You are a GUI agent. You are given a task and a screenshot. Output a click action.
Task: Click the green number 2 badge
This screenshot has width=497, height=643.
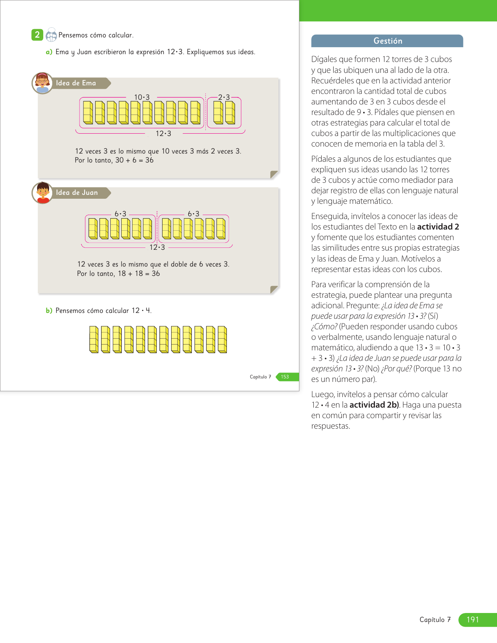coord(37,35)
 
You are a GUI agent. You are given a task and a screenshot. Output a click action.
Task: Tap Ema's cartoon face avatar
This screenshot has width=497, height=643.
coord(42,83)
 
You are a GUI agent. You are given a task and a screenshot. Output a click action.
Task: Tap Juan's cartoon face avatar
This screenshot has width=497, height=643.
coord(42,193)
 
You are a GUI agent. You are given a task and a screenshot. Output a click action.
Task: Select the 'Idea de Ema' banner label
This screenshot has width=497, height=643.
coord(76,83)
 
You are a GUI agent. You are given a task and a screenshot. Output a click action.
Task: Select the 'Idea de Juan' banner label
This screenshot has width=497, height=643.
coord(77,193)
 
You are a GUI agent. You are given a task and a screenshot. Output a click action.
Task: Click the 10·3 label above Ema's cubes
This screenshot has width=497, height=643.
coord(142,97)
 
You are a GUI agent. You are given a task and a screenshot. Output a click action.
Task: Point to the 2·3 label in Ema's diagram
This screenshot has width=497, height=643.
coord(224,97)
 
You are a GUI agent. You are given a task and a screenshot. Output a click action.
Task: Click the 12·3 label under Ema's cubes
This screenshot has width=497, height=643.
coord(163,134)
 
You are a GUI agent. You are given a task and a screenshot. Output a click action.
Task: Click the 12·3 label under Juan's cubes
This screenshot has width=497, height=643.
coord(157,247)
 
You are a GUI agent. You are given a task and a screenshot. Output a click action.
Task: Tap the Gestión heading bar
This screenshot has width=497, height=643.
coord(387,41)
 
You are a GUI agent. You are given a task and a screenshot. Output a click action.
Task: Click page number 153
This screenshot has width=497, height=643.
coord(285,377)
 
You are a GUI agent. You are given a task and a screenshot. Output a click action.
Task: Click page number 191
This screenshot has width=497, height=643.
coord(472,620)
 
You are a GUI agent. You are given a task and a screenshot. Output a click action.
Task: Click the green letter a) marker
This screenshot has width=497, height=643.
coord(49,52)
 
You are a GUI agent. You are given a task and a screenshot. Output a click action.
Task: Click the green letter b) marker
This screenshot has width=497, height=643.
coord(49,311)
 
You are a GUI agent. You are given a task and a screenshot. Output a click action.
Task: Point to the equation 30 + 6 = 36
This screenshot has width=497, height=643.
coord(134,160)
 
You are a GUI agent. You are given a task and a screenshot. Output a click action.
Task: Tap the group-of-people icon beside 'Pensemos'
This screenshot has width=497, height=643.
coord(51,35)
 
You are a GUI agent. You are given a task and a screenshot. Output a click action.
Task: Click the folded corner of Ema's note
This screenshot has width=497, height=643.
coord(274,174)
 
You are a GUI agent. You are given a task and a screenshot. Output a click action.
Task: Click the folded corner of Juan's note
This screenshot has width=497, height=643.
coord(274,289)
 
